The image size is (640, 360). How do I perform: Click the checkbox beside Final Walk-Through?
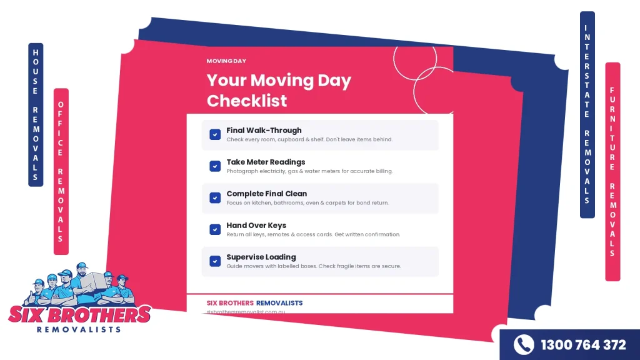click(215, 134)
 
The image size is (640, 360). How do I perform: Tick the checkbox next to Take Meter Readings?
click(215, 166)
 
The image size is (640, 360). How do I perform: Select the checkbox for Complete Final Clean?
click(215, 197)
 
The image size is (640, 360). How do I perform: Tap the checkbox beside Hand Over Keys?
click(215, 229)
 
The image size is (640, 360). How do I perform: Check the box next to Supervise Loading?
click(215, 261)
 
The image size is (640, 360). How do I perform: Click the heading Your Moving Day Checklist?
click(279, 91)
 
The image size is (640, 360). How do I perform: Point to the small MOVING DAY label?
click(226, 61)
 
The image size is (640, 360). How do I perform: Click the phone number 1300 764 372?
click(582, 345)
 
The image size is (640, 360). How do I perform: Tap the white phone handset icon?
click(524, 345)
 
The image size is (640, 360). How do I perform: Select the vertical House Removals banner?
click(36, 114)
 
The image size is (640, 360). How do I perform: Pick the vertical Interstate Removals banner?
click(587, 114)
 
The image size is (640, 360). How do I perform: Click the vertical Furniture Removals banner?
click(612, 171)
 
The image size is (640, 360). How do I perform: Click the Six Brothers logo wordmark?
click(79, 314)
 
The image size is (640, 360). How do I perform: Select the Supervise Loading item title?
click(261, 257)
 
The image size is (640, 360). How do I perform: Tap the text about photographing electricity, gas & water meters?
click(309, 171)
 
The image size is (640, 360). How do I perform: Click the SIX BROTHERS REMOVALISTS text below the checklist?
click(254, 302)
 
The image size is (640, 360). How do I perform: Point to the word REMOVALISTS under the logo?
click(79, 329)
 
